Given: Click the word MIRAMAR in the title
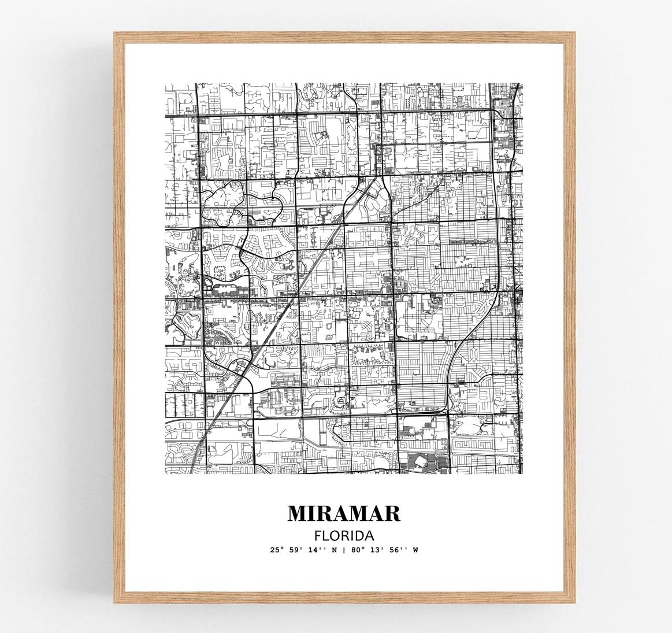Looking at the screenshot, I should pos(344,513).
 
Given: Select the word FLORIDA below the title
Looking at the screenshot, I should pos(344,535).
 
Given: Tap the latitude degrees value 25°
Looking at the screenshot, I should pos(276,550).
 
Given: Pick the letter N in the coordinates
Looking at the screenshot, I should pos(332,550).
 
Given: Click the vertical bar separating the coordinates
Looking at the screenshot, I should pos(343,550).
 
